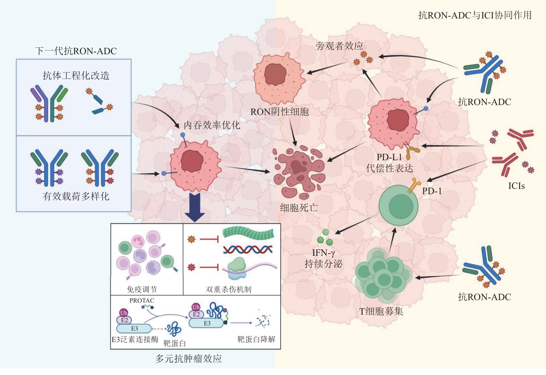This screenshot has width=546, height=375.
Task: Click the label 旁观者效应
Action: [339, 46]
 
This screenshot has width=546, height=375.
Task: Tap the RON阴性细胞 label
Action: [279, 112]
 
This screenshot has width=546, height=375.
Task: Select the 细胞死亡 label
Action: [299, 207]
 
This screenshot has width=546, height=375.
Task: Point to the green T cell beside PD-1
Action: [398, 206]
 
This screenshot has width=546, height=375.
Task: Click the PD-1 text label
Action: [432, 191]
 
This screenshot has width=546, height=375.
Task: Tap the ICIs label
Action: [516, 186]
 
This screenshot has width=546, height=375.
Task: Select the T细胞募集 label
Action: [381, 311]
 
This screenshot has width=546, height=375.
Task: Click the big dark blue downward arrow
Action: [194, 207]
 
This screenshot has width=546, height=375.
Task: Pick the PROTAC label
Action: [142, 300]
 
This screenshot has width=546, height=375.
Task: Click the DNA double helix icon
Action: [248, 249]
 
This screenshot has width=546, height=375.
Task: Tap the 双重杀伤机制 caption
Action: [229, 289]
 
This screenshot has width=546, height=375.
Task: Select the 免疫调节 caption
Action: [142, 289]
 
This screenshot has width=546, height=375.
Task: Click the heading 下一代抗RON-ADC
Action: [76, 51]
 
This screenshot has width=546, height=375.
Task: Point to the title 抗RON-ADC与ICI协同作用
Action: [475, 15]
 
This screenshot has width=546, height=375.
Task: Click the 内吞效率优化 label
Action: [212, 125]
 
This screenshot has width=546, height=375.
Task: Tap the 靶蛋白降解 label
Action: [256, 339]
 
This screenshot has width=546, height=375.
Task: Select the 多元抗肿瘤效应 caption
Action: [188, 359]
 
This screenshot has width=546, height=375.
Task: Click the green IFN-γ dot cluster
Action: [325, 237]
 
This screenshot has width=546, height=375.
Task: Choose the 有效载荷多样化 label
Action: [76, 196]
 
